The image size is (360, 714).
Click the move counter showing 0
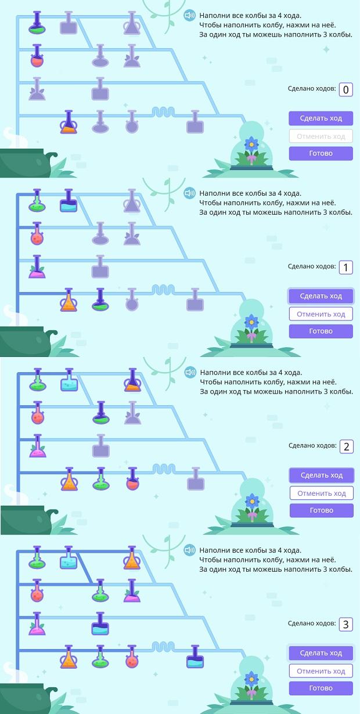[x=345, y=89]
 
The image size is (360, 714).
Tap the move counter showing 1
[x=345, y=268]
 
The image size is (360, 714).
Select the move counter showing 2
[x=346, y=446]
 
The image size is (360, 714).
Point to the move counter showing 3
[x=345, y=625]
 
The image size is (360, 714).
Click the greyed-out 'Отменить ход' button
[x=321, y=136]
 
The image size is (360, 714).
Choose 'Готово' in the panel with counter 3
[x=321, y=688]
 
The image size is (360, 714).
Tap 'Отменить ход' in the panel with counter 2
[x=322, y=493]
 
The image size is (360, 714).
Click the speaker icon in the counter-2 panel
[x=190, y=372]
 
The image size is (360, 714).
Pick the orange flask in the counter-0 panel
[x=69, y=122]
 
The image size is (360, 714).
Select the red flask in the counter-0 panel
[x=37, y=56]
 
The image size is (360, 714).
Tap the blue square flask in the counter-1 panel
[x=69, y=201]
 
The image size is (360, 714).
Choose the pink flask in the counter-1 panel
[x=37, y=267]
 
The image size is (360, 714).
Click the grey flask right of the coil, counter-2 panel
[x=196, y=479]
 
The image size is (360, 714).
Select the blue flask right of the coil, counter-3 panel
[x=195, y=657]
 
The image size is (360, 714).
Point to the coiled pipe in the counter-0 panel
[x=163, y=111]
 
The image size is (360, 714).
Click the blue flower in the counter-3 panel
[x=251, y=678]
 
